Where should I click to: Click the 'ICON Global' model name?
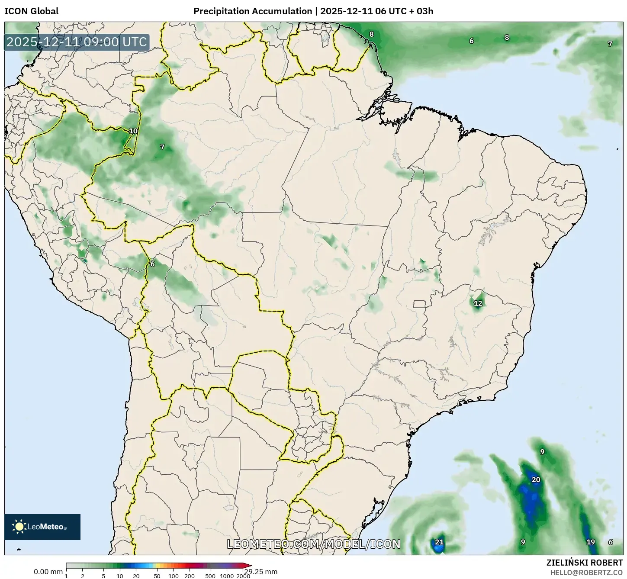coord(31,11)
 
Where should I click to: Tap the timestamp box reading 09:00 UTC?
coord(77,42)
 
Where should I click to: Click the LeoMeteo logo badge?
coord(42,527)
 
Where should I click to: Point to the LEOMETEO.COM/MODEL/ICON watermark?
coord(314,544)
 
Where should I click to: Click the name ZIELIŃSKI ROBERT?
coord(584,563)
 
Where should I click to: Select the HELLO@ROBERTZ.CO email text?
coord(586,573)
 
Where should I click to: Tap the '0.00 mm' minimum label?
coord(48,572)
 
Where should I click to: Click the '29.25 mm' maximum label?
coord(260,572)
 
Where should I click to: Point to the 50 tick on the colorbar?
coord(157,576)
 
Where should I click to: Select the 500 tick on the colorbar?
coord(211,576)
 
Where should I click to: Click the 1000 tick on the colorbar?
coord(227,576)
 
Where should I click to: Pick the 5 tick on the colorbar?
coord(103,576)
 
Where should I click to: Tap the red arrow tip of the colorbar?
coord(248,566)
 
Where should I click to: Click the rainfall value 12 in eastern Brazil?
coord(478,303)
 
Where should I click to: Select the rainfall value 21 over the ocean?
coord(439,542)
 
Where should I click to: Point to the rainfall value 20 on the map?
coord(536,479)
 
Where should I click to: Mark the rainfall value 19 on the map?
coord(591,542)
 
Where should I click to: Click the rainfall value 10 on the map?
coord(133,131)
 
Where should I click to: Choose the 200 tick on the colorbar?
coord(190,576)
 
